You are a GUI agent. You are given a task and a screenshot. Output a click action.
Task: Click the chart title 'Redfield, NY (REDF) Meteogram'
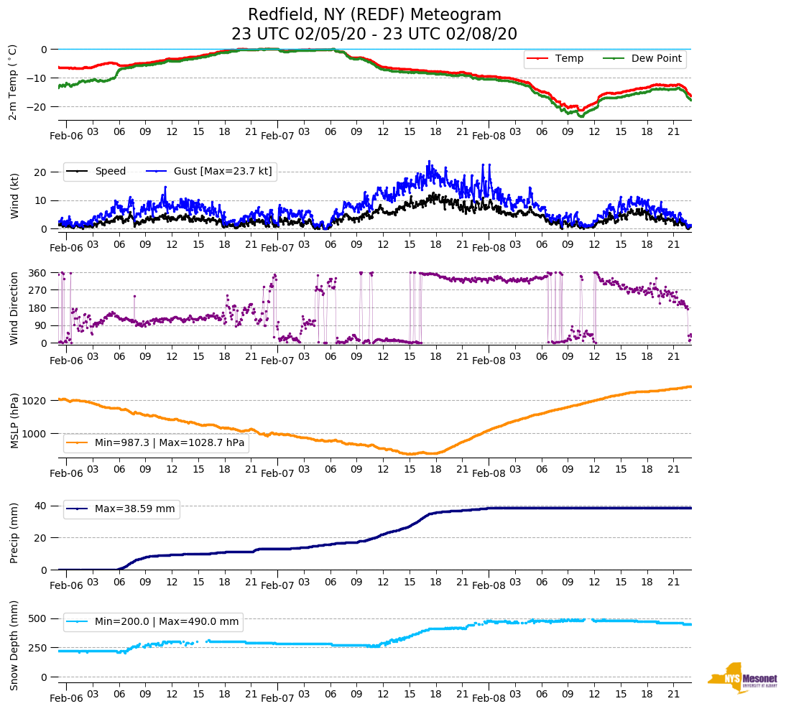[374, 15]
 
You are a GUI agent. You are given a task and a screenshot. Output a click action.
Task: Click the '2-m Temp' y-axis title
[12, 82]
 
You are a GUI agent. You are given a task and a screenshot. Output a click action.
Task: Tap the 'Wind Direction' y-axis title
[14, 307]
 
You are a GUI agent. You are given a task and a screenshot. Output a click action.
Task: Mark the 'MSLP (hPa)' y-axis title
[14, 420]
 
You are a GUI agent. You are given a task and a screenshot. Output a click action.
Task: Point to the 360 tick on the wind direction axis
[38, 273]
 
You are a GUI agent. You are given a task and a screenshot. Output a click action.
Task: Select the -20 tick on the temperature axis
[38, 106]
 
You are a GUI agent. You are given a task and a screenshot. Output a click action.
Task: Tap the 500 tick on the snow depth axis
[38, 618]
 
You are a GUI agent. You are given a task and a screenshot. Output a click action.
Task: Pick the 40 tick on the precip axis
[42, 506]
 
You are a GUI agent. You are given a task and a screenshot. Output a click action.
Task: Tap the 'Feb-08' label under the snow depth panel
[489, 698]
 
